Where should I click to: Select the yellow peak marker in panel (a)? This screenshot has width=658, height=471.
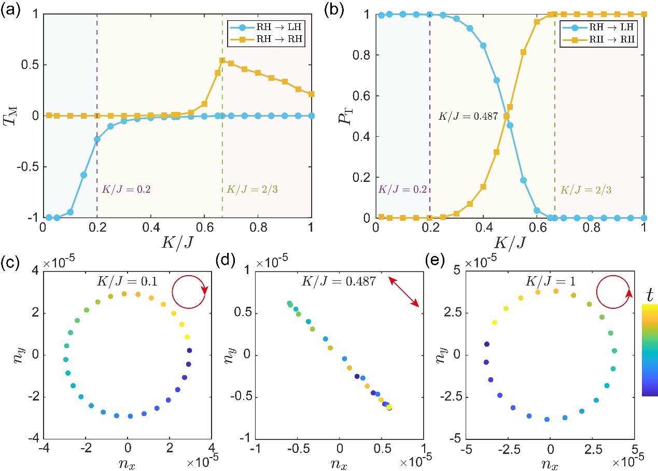pyautogui.click(x=222, y=61)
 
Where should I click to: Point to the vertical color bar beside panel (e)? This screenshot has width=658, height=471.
pyautogui.click(x=650, y=350)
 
